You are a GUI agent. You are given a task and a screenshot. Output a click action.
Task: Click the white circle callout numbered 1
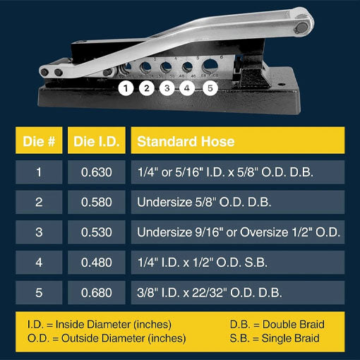click(x=126, y=88)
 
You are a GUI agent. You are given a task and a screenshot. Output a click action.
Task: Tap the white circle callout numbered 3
click(x=167, y=88)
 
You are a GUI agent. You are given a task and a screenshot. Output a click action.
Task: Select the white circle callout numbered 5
click(x=210, y=88)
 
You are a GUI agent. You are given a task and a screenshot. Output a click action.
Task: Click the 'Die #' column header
click(x=39, y=141)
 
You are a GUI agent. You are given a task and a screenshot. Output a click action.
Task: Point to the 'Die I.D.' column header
click(x=97, y=141)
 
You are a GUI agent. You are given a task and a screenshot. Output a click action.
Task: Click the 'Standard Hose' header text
click(x=186, y=141)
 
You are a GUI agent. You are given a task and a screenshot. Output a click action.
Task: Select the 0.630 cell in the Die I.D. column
click(x=97, y=172)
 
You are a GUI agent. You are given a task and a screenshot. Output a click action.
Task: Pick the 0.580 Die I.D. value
click(x=97, y=202)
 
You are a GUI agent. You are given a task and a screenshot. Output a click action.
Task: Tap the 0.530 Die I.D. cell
click(x=97, y=232)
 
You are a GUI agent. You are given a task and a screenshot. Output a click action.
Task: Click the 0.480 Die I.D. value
click(x=97, y=263)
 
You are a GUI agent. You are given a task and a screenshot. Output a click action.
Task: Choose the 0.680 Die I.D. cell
click(x=97, y=292)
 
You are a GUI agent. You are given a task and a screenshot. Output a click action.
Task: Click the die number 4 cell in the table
click(x=39, y=263)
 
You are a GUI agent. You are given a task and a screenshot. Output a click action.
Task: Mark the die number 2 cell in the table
click(x=39, y=202)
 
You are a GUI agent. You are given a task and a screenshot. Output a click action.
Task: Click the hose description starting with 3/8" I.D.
click(x=210, y=293)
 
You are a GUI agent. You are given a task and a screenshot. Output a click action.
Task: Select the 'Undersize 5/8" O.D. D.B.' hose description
click(x=204, y=202)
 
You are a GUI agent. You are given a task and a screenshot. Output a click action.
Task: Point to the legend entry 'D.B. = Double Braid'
click(x=277, y=325)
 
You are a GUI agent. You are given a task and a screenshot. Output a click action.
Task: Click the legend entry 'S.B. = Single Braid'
click(x=275, y=338)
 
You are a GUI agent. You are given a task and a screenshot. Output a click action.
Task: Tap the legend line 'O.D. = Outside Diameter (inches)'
click(x=107, y=338)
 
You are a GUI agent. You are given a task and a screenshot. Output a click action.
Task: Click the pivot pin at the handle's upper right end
click(x=301, y=27)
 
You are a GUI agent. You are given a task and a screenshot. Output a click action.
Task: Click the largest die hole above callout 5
click(x=210, y=66)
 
